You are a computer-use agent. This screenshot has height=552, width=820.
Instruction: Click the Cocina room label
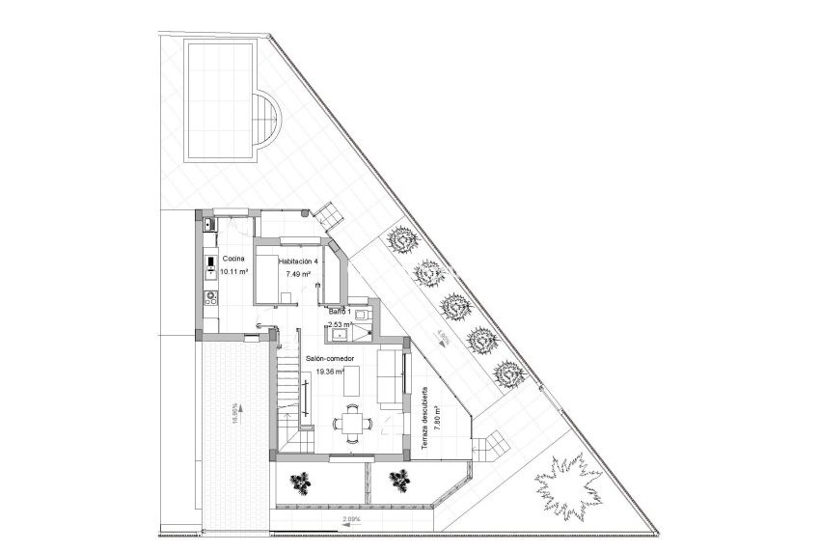coord(232,260)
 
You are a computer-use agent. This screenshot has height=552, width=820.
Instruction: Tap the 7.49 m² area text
coord(298,274)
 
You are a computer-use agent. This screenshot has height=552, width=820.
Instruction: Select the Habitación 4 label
coord(298,262)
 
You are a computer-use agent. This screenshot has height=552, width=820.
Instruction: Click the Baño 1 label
coord(341,313)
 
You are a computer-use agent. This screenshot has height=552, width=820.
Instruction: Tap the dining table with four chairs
coord(353,422)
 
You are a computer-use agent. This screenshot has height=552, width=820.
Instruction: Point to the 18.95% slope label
coord(234,413)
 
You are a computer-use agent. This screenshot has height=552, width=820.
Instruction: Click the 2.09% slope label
coord(351,520)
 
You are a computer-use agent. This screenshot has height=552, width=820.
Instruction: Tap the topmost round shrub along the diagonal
coord(402,239)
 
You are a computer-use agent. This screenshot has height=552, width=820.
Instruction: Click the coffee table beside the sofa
coord(355,384)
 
